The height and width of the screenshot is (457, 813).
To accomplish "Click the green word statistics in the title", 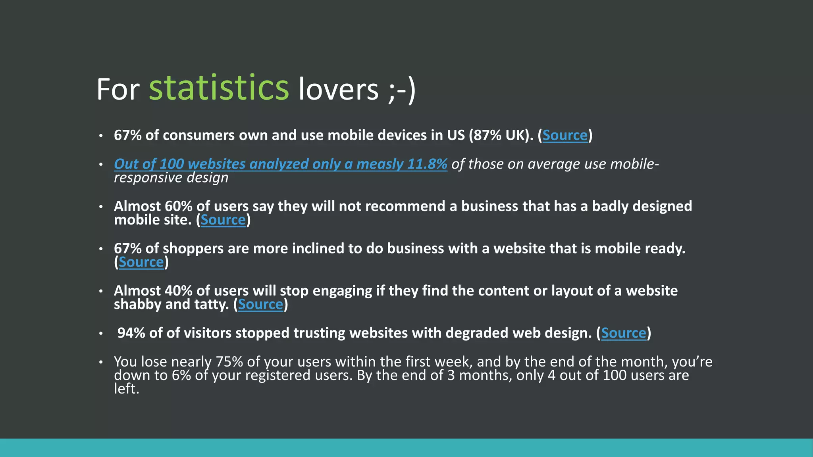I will (219, 88).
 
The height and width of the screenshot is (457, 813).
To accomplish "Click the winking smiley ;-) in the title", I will (401, 90).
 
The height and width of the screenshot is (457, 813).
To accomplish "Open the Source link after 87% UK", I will (564, 135).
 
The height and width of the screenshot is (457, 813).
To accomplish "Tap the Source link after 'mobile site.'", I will (223, 220).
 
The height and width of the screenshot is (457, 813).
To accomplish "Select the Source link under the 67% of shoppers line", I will (141, 262).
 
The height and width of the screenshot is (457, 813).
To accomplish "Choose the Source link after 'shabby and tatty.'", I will (260, 304).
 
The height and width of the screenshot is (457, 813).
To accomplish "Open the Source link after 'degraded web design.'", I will (623, 333).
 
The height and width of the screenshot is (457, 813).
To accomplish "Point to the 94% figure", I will (131, 333).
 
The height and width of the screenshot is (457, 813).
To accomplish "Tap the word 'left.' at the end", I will (126, 389).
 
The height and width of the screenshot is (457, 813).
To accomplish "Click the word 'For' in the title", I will (118, 90).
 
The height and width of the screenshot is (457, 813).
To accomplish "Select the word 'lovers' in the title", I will (339, 90).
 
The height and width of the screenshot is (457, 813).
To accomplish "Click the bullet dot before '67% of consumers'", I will (101, 136).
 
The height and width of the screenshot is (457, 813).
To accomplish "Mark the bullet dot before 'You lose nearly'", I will (101, 362).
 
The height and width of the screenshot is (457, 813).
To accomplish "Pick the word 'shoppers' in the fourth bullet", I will (193, 249).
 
